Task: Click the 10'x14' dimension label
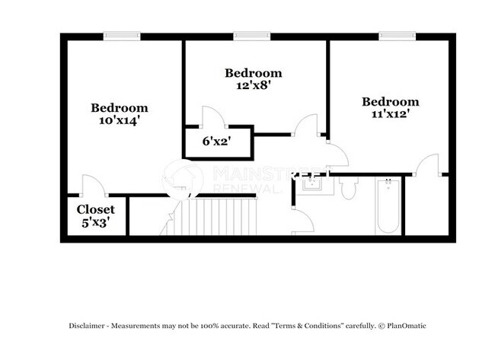pos(120,119)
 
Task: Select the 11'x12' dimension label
pos(390,114)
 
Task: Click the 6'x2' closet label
pos(216,141)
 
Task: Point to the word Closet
pos(95,209)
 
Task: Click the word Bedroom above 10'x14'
pos(120,107)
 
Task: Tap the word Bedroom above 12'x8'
pos(253,73)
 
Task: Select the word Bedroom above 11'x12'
pos(390,102)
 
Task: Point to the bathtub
pos(387,206)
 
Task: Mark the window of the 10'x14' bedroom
pos(121,35)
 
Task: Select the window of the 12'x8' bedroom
pos(251,35)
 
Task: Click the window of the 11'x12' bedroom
pos(397,35)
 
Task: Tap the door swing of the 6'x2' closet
pos(210,118)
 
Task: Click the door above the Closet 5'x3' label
pos(91,185)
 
